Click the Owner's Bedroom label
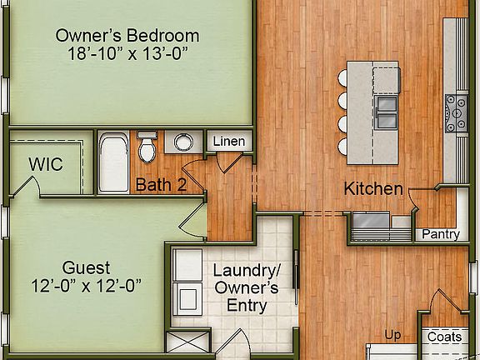(127, 36)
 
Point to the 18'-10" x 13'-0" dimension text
(127, 54)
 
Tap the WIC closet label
(46, 163)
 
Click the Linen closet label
(228, 141)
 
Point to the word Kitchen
(373, 189)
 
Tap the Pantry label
(440, 234)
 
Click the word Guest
(86, 268)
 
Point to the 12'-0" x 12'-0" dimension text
(86, 286)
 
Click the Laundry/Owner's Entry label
(247, 288)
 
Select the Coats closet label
(444, 337)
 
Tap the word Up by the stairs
(392, 335)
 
